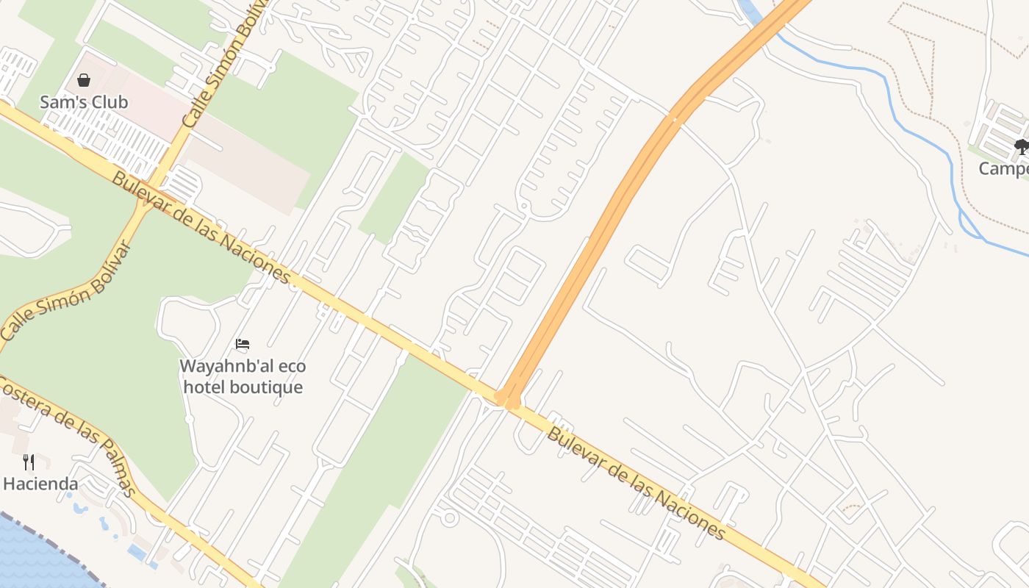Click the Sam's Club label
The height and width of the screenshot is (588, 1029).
(x=84, y=102)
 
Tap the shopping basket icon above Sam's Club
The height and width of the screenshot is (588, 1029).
(x=84, y=80)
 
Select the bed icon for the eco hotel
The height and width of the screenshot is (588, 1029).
(x=243, y=343)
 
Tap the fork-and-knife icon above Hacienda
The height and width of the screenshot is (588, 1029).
(x=29, y=462)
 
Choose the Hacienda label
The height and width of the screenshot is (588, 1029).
(x=40, y=484)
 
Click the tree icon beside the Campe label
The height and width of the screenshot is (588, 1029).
(x=1022, y=147)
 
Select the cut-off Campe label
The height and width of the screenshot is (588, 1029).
(x=1003, y=169)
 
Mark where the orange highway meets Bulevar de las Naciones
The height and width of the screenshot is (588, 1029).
(x=507, y=399)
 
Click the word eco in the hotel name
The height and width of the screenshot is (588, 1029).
(x=292, y=366)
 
